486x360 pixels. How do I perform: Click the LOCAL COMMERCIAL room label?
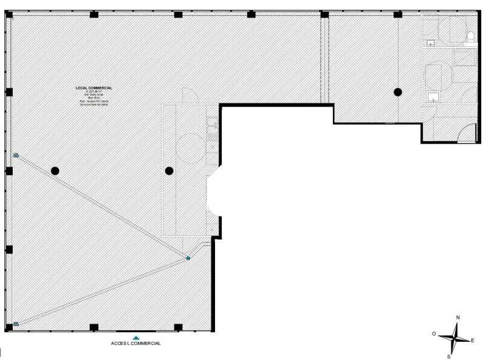pyautogui.click(x=94, y=88)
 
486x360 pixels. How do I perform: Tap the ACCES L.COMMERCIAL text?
pyautogui.click(x=135, y=344)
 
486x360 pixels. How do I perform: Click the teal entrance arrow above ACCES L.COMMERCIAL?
pyautogui.click(x=137, y=337)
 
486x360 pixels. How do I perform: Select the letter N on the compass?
pyautogui.click(x=458, y=317)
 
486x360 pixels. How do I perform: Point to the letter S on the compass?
pyautogui.click(x=449, y=356)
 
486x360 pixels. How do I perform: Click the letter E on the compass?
pyautogui.click(x=472, y=340)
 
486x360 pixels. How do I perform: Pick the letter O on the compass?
pyautogui.click(x=434, y=334)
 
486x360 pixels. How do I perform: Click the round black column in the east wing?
pyautogui.click(x=398, y=92)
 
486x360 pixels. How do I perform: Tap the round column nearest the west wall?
pyautogui.click(x=55, y=171)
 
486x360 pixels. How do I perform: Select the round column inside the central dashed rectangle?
pyautogui.click(x=169, y=171)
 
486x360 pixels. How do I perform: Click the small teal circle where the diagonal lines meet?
pyautogui.click(x=188, y=258)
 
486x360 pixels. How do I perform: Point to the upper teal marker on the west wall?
pyautogui.click(x=16, y=156)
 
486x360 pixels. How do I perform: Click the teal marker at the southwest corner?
pyautogui.click(x=16, y=324)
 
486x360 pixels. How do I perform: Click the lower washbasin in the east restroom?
pyautogui.click(x=434, y=96)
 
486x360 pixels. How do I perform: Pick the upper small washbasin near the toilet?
pyautogui.click(x=431, y=43)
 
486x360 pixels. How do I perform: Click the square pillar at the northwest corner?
pyautogui.click(x=9, y=14)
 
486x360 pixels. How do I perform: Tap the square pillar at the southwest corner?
pyautogui.click(x=9, y=328)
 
